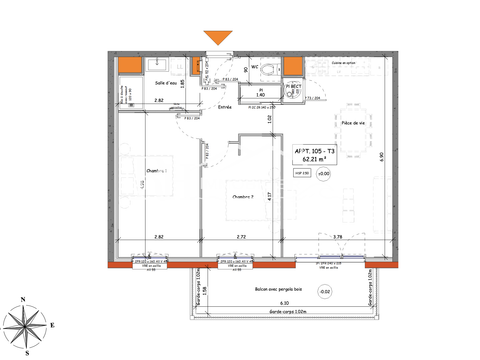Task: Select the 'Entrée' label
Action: click(x=224, y=106)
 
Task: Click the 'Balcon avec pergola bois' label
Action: click(x=278, y=289)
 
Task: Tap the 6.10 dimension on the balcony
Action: click(x=284, y=303)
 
